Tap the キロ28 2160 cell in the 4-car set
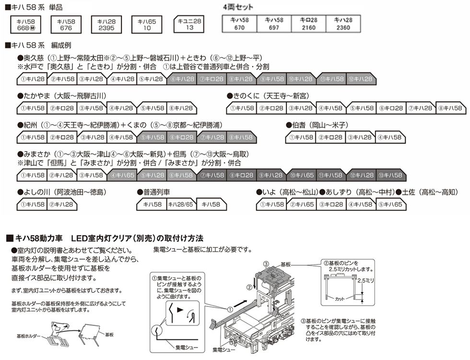pos(308,24)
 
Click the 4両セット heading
pos(238,8)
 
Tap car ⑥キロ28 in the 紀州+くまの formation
pos(182,138)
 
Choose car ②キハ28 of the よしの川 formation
pos(62,205)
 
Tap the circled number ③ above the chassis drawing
pos(266,264)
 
